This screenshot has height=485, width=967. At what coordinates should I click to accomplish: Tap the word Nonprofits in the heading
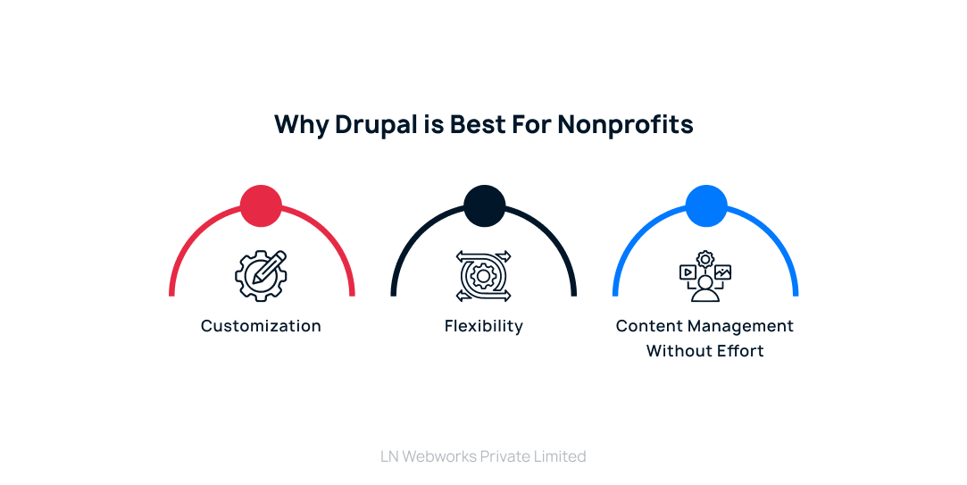tap(625, 124)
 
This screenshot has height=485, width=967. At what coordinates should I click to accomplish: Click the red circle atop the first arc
tap(261, 205)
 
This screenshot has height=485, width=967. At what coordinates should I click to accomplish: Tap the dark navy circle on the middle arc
tap(484, 205)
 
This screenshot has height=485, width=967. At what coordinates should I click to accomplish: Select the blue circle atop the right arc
tap(706, 205)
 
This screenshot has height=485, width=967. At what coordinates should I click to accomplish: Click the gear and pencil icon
tap(261, 275)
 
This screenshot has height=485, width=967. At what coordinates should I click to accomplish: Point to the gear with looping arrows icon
tap(484, 275)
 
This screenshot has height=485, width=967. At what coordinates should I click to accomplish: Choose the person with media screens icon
tap(705, 277)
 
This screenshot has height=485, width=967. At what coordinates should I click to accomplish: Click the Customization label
tap(261, 326)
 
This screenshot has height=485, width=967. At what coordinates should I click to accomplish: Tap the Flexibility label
tap(484, 326)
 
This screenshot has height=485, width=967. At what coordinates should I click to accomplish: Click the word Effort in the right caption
tap(738, 351)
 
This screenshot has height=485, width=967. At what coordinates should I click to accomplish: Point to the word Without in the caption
tap(677, 351)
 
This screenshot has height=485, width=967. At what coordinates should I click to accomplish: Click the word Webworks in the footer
tap(438, 456)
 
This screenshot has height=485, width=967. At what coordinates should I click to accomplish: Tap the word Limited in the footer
tap(558, 456)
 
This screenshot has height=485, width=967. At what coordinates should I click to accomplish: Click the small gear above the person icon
tap(705, 259)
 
